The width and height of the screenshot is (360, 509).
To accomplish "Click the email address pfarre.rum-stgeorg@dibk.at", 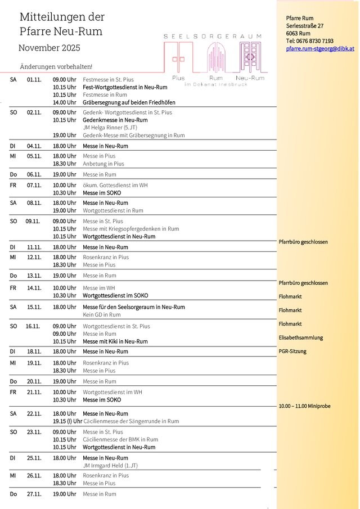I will click(319, 49).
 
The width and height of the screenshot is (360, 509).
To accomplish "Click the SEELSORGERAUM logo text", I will click(212, 36).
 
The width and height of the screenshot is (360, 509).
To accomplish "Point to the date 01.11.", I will click(34, 80).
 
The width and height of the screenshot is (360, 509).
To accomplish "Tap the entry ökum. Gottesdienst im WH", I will click(115, 185).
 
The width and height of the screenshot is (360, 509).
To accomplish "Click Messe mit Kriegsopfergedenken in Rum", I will click(130, 229).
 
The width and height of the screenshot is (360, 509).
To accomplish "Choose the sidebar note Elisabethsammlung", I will click(301, 338).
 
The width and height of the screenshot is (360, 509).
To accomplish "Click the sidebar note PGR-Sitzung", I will click(292, 352).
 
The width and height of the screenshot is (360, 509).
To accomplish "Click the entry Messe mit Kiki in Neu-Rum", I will click(115, 341).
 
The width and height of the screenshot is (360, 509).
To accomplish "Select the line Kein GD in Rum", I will click(102, 315).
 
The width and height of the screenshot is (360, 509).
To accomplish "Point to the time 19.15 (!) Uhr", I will click(67, 421).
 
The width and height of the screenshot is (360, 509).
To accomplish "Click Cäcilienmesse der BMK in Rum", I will click(120, 439).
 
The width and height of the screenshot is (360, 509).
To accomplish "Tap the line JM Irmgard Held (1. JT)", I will click(110, 466).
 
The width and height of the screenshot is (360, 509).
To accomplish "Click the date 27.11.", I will click(34, 494).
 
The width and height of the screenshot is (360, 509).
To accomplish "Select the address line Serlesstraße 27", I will click(304, 26).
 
